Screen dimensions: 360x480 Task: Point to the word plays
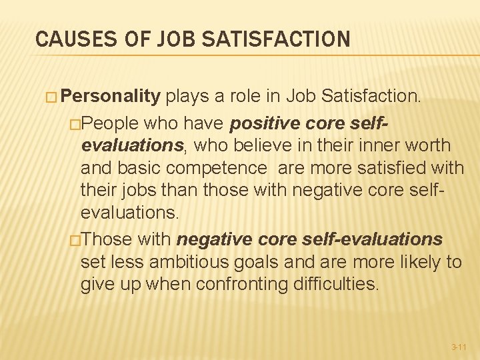pos(187,97)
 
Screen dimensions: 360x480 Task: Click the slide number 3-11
pos(458,347)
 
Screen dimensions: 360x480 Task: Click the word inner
pos(375,146)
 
